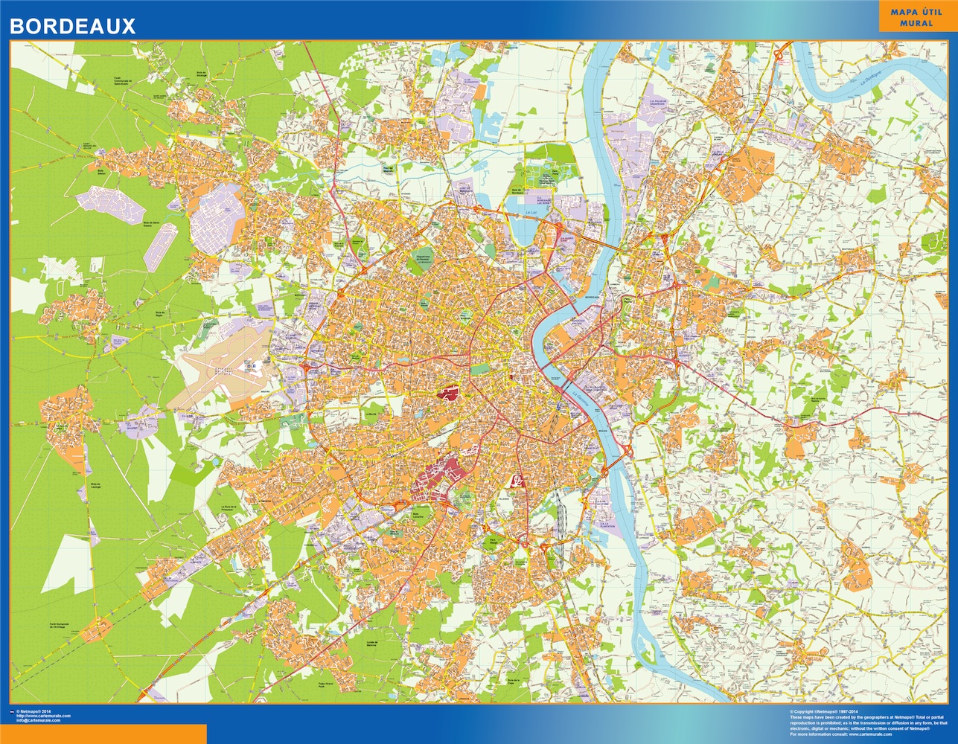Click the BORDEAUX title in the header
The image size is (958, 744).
[72, 26]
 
